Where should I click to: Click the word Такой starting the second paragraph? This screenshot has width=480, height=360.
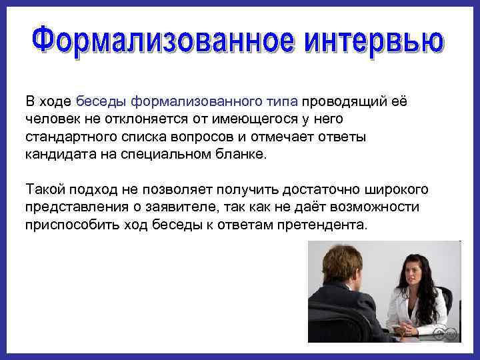click(x=44, y=189)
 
